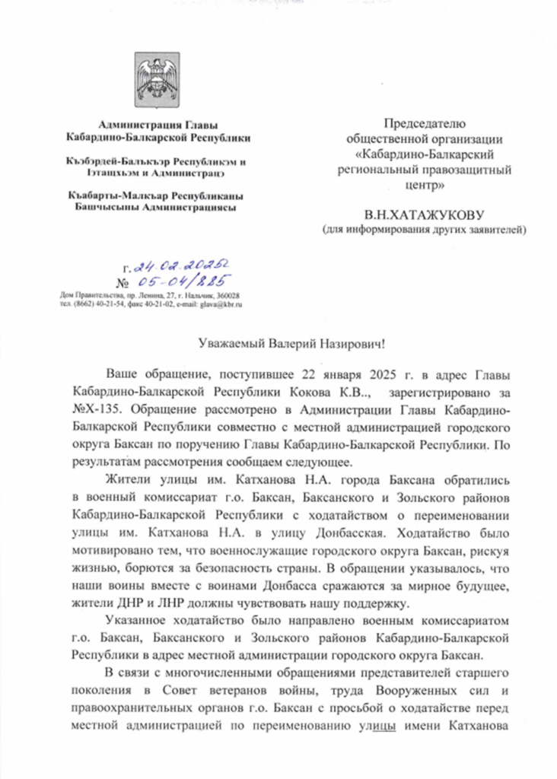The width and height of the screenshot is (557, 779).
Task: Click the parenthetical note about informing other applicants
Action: click(424, 229)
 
